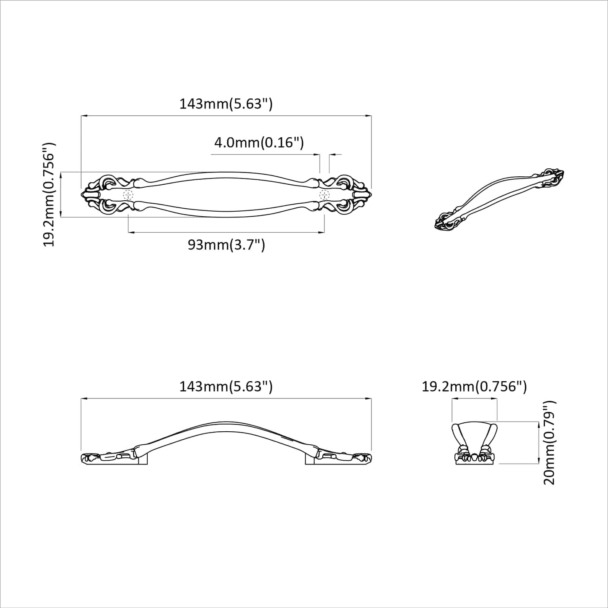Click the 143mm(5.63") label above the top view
(226, 104)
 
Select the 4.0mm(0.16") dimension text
(259, 143)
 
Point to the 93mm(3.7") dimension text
(226, 244)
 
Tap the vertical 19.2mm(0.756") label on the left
(49, 194)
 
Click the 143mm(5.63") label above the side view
(226, 386)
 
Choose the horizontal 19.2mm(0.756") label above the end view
(474, 386)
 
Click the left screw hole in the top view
(128, 195)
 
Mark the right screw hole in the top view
(324, 195)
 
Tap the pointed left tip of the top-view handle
(82, 194)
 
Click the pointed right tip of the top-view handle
(370, 194)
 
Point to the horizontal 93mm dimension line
(226, 232)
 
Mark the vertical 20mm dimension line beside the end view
(538, 442)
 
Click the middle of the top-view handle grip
(226, 194)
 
